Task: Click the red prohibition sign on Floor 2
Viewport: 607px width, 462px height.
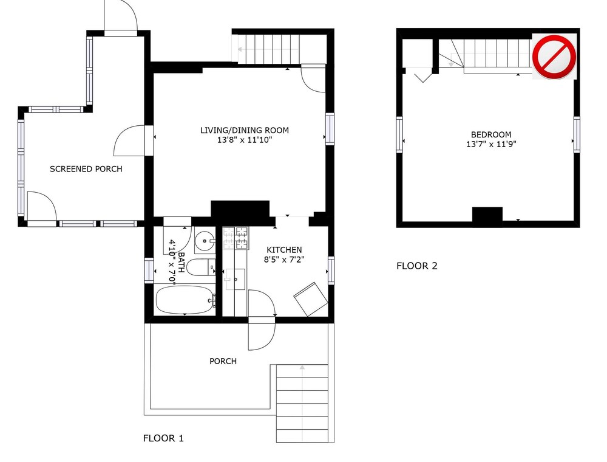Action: pyautogui.click(x=554, y=57)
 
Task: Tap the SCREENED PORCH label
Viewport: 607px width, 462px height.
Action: pyautogui.click(x=86, y=169)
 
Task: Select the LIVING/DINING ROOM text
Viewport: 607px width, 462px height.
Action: pyautogui.click(x=244, y=130)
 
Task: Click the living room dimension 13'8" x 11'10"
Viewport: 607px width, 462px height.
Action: pyautogui.click(x=244, y=140)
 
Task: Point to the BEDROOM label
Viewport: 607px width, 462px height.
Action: pyautogui.click(x=491, y=135)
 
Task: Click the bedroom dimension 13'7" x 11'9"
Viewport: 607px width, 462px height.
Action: pyautogui.click(x=491, y=145)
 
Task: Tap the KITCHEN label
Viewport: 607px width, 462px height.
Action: pyautogui.click(x=284, y=250)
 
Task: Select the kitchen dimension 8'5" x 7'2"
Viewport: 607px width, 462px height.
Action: pyautogui.click(x=284, y=260)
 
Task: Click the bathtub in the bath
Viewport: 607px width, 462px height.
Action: pyautogui.click(x=185, y=300)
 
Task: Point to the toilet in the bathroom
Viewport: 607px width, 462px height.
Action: pyautogui.click(x=201, y=267)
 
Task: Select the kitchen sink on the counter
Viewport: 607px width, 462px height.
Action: pyautogui.click(x=236, y=279)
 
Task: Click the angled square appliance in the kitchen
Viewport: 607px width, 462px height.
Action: pyautogui.click(x=311, y=299)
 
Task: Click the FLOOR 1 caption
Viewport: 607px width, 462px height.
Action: pyautogui.click(x=163, y=438)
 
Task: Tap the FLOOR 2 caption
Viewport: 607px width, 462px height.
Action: pyautogui.click(x=417, y=266)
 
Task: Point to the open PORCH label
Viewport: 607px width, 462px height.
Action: pyautogui.click(x=223, y=361)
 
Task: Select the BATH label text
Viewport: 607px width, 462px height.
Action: pyautogui.click(x=181, y=263)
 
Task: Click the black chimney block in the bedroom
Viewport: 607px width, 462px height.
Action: pyautogui.click(x=487, y=215)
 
